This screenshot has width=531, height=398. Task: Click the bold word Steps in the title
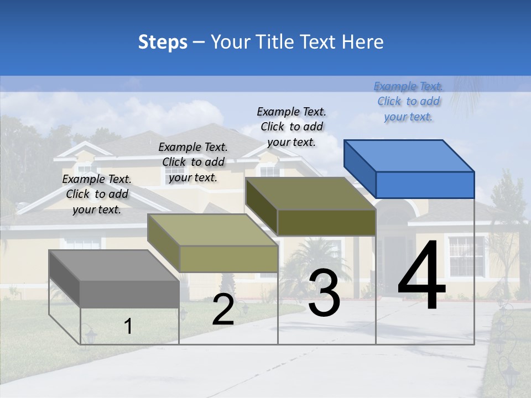pyautogui.click(x=163, y=42)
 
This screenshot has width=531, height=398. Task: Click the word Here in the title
pyautogui.click(x=362, y=42)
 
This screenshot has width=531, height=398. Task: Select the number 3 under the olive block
pyautogui.click(x=324, y=293)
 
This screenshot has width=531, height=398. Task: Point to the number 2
pyautogui.click(x=223, y=310)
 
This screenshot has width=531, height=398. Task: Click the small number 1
pyautogui.click(x=128, y=326)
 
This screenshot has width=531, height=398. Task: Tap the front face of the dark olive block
pyautogui.click(x=326, y=223)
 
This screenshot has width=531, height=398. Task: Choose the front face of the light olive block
pyautogui.click(x=228, y=259)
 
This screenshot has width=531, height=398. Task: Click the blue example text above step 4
pyautogui.click(x=408, y=101)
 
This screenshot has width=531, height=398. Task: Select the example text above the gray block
pyautogui.click(x=97, y=194)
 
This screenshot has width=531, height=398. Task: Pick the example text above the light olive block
pyautogui.click(x=193, y=162)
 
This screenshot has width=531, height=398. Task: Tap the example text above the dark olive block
pyautogui.click(x=291, y=127)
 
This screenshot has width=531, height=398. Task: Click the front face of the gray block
pyautogui.click(x=129, y=294)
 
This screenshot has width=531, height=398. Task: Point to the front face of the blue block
pyautogui.click(x=425, y=185)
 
